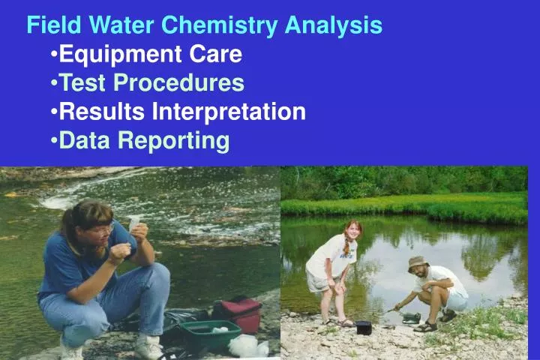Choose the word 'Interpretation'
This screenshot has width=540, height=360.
[x=229, y=111]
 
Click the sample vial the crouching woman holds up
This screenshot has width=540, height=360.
[x=134, y=223]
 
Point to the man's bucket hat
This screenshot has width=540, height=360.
[x=416, y=262]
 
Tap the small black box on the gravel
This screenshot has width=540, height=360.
[x=364, y=327]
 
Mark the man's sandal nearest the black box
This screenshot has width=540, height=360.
[x=424, y=326]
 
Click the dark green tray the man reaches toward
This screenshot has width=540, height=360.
[x=410, y=317]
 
